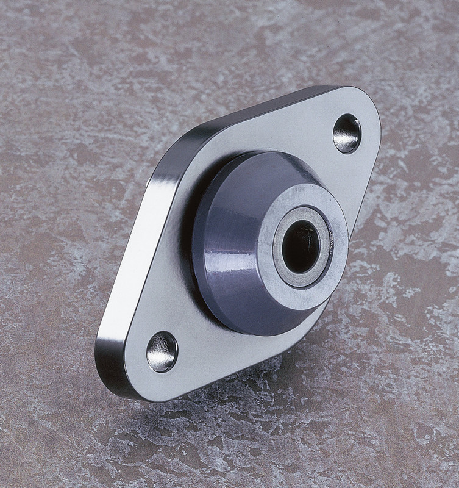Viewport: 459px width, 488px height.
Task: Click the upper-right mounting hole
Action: tap(347, 134)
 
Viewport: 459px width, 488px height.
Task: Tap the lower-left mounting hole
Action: tap(162, 352)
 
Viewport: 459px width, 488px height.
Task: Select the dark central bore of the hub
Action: tap(300, 246)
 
